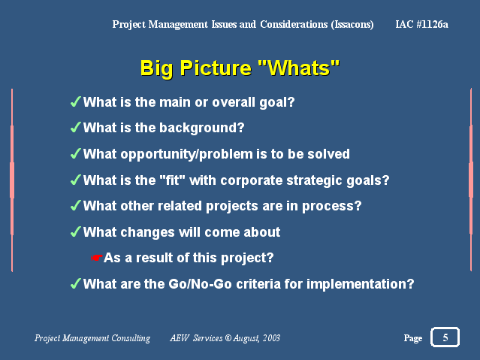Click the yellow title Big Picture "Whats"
click(240, 68)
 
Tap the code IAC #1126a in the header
click(421, 24)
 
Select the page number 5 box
click(445, 337)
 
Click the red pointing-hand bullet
click(96, 258)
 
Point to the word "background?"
click(202, 128)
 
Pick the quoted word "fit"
click(172, 180)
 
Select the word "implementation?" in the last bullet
click(361, 284)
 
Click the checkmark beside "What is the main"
click(76, 101)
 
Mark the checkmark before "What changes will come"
click(76, 232)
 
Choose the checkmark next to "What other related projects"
click(76, 205)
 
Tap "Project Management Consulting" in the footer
click(92, 338)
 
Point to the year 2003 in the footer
click(271, 338)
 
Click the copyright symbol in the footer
click(228, 338)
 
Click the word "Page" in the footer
click(413, 338)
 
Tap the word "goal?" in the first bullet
click(277, 102)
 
